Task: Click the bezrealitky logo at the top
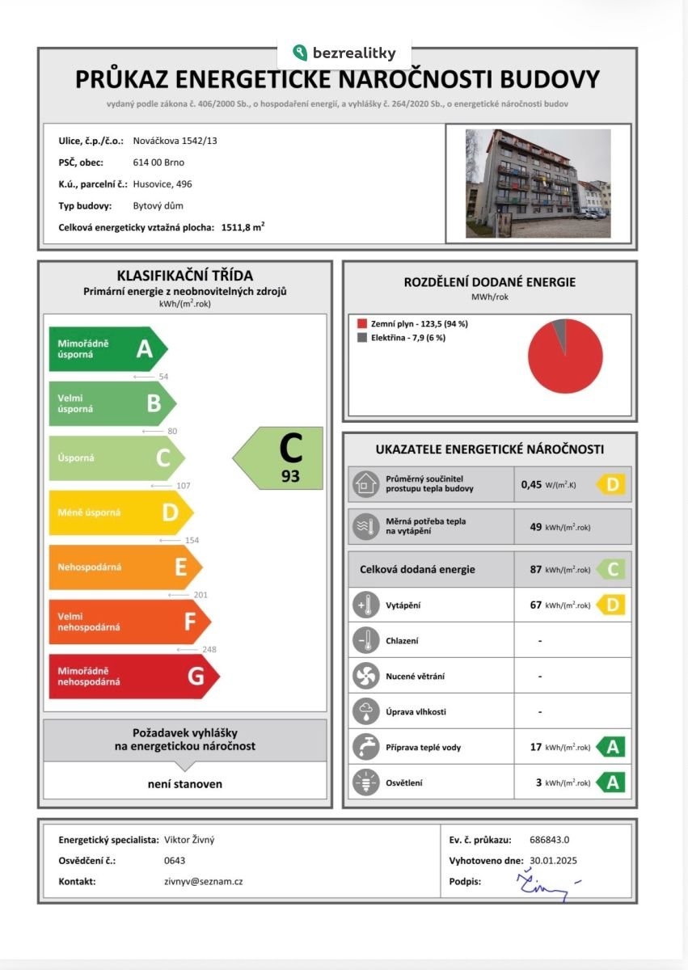click(x=344, y=53)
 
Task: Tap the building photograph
click(x=537, y=183)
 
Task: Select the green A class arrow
click(x=108, y=349)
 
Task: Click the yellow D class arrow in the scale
click(x=120, y=512)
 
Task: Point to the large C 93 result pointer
click(x=280, y=458)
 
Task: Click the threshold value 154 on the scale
click(x=191, y=540)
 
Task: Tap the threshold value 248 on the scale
click(x=209, y=649)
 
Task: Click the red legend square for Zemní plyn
click(x=361, y=324)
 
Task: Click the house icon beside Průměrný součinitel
click(x=365, y=484)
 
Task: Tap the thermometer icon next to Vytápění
click(x=365, y=605)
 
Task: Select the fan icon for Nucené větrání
click(x=365, y=676)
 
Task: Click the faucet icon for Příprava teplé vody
click(x=365, y=747)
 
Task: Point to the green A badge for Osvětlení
click(x=611, y=782)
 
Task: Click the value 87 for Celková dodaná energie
click(x=535, y=569)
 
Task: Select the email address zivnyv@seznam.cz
click(x=203, y=881)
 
